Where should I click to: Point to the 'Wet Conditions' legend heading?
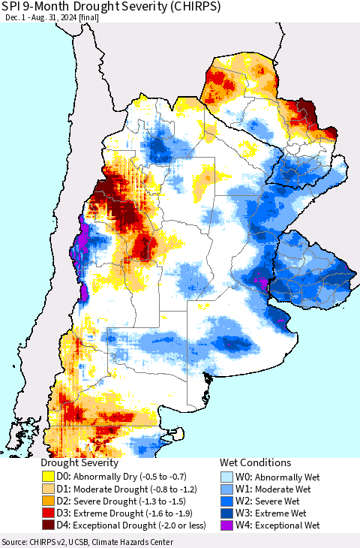point(255,463)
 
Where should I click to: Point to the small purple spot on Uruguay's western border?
point(262,282)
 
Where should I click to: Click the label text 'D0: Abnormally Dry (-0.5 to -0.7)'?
point(124,476)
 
